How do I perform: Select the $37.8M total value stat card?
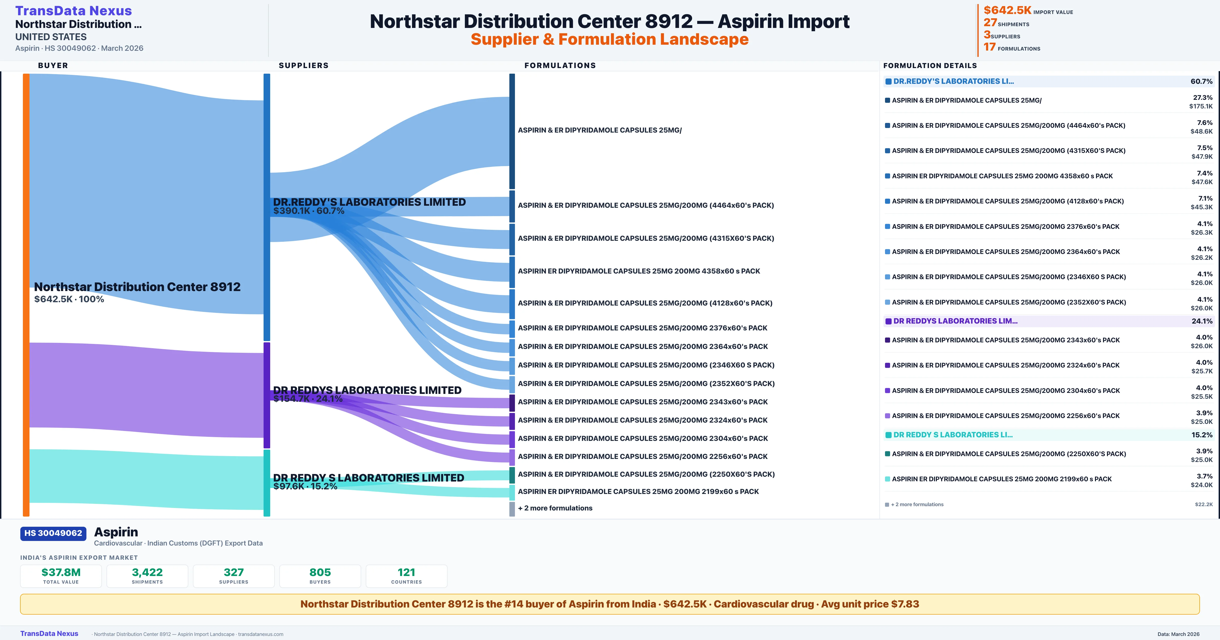point(61,576)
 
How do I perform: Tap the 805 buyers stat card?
point(320,576)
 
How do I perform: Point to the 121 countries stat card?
point(406,576)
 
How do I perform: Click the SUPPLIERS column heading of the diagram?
point(303,65)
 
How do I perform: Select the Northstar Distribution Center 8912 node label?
point(137,287)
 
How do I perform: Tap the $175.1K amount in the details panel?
point(1201,106)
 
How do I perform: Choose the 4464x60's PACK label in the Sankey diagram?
point(646,205)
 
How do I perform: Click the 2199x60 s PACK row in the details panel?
point(1002,479)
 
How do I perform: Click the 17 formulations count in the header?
point(990,47)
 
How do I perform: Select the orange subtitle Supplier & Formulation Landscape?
point(609,39)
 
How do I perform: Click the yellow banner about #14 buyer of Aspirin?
point(609,604)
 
